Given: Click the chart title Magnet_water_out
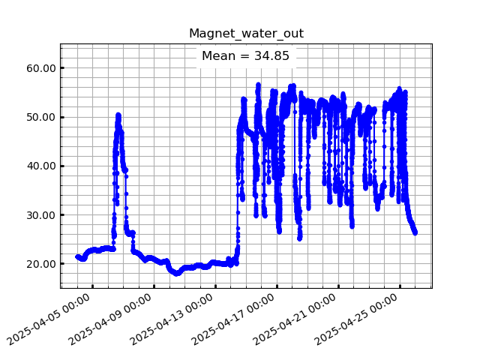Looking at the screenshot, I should pos(246,34).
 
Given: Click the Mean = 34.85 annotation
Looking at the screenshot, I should pos(246,56).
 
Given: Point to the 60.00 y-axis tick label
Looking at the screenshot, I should pos(43,68).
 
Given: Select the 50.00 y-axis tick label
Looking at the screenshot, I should pos(43,117).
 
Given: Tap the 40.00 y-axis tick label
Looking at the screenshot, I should pos(43,166).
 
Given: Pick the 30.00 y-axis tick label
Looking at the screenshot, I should pos(43,215).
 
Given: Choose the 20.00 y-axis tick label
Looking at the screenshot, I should pos(43,264).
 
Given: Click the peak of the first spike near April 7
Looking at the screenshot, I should pos(118,115).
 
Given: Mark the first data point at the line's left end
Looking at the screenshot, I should pos(77,256).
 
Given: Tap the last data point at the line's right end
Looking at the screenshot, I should pos(415,232).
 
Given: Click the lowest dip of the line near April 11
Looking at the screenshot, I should pos(177,274).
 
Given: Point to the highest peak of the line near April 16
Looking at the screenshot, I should pos(258,85).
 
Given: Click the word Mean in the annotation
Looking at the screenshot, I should pos(217,56).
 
